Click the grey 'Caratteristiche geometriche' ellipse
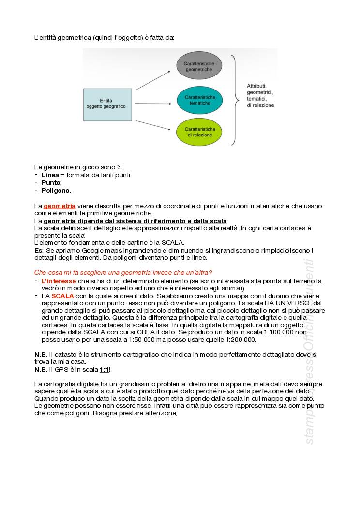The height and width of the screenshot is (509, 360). pos(199,66)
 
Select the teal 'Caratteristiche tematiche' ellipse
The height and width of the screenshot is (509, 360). pos(200,100)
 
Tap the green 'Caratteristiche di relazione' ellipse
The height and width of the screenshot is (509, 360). pos(199,132)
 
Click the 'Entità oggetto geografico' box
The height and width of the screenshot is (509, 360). pos(107,104)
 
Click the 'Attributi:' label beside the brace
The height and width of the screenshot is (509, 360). pos(256,85)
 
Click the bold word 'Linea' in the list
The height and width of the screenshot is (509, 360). pos(50,175)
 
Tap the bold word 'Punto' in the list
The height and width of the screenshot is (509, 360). pos(51,182)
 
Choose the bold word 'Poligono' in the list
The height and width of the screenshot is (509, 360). pos(55,190)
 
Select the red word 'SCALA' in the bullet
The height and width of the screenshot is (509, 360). pos(62,296)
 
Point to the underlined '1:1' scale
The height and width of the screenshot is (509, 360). pos(104,369)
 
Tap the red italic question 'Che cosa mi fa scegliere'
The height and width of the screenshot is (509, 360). pos(123,273)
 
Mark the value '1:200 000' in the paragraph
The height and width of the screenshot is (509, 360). pos(240,340)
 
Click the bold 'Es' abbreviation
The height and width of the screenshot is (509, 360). pos(38,250)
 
